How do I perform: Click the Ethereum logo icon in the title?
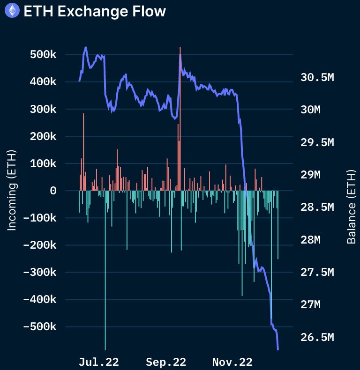click(11, 10)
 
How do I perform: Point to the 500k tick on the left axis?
click(40, 55)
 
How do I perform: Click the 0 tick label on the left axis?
click(53, 191)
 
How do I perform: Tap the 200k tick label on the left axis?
click(40, 136)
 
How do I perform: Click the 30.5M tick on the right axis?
click(317, 78)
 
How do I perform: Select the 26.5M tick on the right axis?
click(317, 338)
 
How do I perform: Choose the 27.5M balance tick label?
click(317, 273)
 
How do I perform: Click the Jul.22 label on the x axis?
click(99, 362)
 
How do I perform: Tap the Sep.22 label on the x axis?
click(166, 362)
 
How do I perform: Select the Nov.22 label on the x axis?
click(232, 362)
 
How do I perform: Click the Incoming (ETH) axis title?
click(12, 190)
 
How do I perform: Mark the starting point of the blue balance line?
click(79, 81)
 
